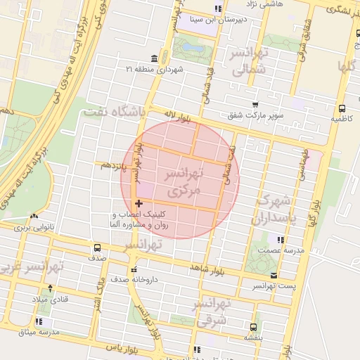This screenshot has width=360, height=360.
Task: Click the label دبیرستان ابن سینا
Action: (218, 20)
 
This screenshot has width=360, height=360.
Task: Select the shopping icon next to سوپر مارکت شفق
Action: (255, 103)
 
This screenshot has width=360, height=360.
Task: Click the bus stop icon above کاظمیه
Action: (342, 109)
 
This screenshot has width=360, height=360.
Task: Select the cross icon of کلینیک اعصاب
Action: (138, 203)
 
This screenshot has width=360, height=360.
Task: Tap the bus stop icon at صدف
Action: (97, 247)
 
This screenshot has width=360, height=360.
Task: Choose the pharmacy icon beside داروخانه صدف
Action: (133, 269)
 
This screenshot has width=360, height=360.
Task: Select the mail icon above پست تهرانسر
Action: (274, 276)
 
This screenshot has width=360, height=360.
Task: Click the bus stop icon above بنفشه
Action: (253, 327)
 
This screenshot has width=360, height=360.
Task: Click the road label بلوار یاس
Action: (120, 347)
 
